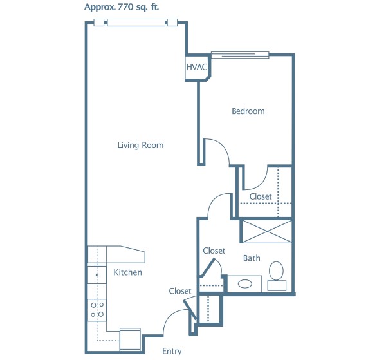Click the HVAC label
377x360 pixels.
197,67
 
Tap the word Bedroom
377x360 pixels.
248,111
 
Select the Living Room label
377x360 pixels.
140,145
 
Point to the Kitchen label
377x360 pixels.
127,272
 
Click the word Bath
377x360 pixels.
252,258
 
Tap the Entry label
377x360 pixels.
172,352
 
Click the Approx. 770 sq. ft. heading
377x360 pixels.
122,7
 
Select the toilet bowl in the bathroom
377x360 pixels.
276,270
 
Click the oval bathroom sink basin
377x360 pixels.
245,284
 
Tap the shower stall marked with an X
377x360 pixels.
267,231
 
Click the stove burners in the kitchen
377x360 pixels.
97,310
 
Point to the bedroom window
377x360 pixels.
240,55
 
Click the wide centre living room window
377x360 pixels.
136,23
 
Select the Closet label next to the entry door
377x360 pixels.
180,291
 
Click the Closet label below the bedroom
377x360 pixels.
261,196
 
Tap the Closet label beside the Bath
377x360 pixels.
214,251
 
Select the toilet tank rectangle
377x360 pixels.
277,286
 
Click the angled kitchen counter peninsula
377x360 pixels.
125,254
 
